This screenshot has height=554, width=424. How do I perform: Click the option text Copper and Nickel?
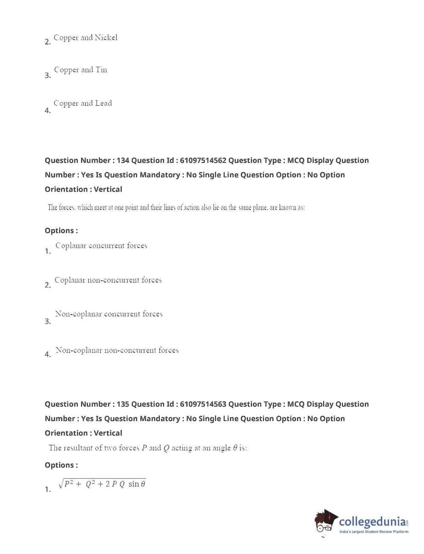[x=85, y=38]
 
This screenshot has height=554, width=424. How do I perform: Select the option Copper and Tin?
[x=80, y=70]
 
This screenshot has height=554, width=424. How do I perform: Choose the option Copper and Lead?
[x=82, y=103]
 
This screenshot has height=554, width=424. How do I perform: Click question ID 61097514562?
[x=203, y=160]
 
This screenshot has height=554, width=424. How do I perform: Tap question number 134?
[x=123, y=160]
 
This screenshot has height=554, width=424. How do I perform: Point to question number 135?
[x=123, y=404]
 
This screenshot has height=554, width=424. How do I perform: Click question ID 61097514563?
[x=203, y=404]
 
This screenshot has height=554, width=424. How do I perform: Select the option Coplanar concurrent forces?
[x=101, y=246]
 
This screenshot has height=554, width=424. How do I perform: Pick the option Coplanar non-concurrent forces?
[x=108, y=280]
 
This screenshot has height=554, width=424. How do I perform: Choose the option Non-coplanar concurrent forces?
[x=109, y=314]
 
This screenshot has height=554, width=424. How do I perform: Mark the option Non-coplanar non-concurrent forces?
[x=117, y=351]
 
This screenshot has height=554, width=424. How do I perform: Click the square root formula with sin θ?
[x=102, y=484]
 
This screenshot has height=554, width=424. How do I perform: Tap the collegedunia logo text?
[x=372, y=522]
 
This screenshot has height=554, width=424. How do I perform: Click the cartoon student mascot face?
[x=325, y=522]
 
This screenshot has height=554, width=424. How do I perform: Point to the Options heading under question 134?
[x=61, y=230]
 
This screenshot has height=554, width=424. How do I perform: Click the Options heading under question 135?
[x=61, y=465]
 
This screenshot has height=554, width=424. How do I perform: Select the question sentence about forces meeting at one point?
[x=176, y=208]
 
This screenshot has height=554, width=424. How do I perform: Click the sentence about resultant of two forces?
[x=148, y=448]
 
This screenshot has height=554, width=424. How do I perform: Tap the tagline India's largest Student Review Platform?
[x=374, y=532]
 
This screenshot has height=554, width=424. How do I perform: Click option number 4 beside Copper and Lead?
[x=47, y=111]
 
